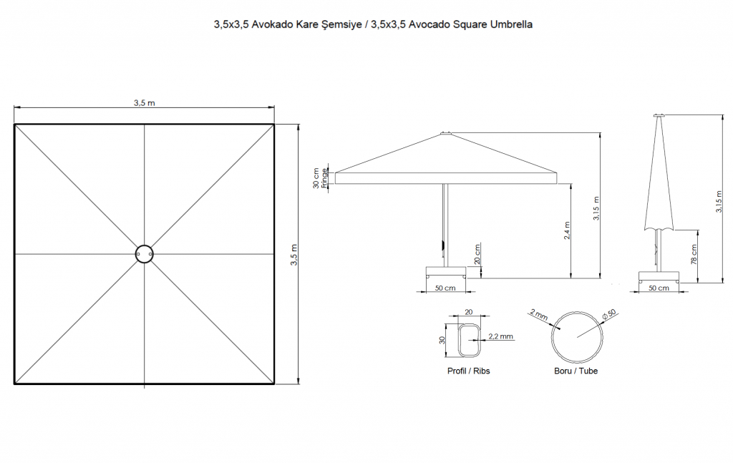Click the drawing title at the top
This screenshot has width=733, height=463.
(373, 25)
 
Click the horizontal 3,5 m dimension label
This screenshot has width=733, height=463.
(145, 103)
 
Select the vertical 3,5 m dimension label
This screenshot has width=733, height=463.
(294, 255)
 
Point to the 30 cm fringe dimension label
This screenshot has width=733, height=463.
(320, 178)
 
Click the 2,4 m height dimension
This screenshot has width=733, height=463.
(567, 230)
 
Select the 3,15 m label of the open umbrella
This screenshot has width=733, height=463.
(596, 208)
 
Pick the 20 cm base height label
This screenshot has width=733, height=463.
(477, 254)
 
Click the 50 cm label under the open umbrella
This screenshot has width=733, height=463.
(445, 288)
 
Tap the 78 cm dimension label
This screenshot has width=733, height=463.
(694, 254)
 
